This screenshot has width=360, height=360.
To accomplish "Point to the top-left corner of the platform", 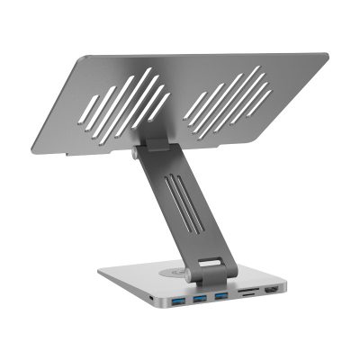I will point(84,53).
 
